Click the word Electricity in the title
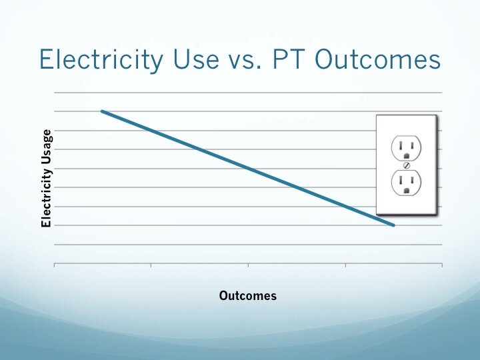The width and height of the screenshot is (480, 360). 101,60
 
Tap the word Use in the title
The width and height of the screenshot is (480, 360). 196,59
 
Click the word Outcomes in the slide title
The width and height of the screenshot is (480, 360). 377,59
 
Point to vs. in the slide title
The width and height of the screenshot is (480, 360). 245,62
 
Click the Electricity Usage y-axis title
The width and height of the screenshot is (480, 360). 46,178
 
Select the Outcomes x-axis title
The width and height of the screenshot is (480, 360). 247,296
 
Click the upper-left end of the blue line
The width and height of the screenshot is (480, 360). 102,111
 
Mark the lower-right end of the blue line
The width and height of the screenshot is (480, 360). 394,225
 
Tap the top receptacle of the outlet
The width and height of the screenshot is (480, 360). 406,148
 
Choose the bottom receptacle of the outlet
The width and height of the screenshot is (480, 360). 406,183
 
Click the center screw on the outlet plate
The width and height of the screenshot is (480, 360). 407,165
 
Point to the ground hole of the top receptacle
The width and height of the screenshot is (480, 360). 407,156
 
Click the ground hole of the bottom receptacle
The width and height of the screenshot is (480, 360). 407,191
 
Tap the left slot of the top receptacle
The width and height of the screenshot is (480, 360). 401,146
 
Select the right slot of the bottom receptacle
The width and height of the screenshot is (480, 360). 413,180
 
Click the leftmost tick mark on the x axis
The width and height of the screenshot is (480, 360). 54,265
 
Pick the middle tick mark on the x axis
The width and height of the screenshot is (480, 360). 248,265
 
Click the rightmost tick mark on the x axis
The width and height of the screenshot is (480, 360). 442,265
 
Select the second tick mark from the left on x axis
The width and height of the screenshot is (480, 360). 151,265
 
